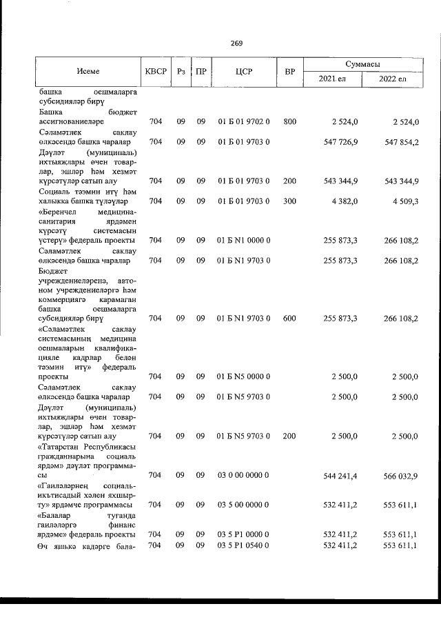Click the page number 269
point(236,43)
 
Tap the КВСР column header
point(155,70)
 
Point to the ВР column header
point(289,70)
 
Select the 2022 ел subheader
point(393,79)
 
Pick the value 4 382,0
point(345,201)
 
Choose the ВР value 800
point(289,122)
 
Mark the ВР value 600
point(289,318)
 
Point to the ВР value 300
point(289,201)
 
